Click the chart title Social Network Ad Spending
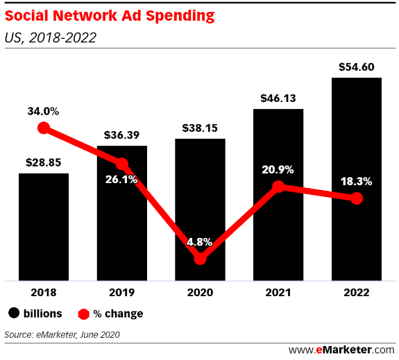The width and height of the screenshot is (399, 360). pyautogui.click(x=110, y=15)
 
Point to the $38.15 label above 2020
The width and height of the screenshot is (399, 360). pyautogui.click(x=200, y=128)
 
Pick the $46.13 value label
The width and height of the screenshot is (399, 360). pyautogui.click(x=278, y=98)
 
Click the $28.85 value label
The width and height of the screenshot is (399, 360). pyautogui.click(x=44, y=162)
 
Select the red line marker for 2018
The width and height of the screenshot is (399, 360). pyautogui.click(x=44, y=127)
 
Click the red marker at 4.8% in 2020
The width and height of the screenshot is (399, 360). pyautogui.click(x=200, y=258)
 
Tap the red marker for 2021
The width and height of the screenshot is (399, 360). pyautogui.click(x=278, y=187)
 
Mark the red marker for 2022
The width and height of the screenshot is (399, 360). pyautogui.click(x=357, y=198)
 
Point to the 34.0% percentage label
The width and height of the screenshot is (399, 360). pyautogui.click(x=44, y=110)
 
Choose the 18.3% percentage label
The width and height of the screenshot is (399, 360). pyautogui.click(x=357, y=182)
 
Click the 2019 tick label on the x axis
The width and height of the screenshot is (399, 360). pyautogui.click(x=121, y=293)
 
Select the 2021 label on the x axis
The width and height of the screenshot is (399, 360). pyautogui.click(x=278, y=293)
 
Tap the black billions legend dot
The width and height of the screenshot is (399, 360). pyautogui.click(x=14, y=314)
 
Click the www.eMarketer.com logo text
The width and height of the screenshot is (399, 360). pyautogui.click(x=341, y=349)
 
